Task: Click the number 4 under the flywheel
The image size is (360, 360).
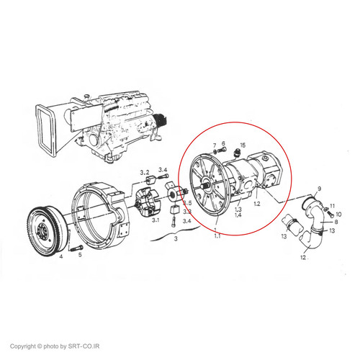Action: (61, 256)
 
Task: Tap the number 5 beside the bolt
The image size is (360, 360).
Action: (80, 254)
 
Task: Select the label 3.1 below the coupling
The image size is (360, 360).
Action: (156, 220)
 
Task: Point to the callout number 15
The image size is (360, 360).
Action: (243, 145)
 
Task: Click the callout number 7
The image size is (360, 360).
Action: (215, 145)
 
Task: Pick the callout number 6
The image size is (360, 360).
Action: (223, 143)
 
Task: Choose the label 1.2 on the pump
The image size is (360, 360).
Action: (257, 204)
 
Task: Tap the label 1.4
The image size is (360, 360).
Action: (238, 215)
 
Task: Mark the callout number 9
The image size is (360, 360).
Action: (319, 189)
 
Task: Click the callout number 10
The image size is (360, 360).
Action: (338, 214)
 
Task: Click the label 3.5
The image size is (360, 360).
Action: (187, 203)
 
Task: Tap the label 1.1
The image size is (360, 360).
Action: (217, 236)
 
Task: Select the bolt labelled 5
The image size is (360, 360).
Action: (76, 248)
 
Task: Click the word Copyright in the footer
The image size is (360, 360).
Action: (23, 346)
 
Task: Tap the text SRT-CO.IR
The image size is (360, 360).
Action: (84, 346)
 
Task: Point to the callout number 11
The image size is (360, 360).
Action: (332, 206)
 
